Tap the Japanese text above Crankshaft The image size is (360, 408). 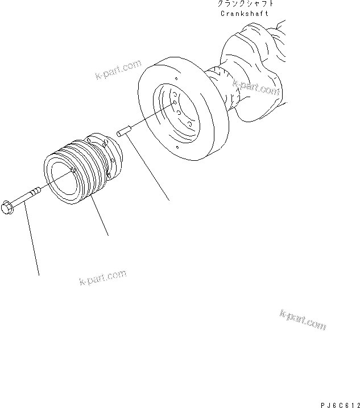(245, 4)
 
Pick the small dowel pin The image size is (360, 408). (123, 132)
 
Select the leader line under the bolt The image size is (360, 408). (33, 244)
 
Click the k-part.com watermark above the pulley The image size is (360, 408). (118, 70)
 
